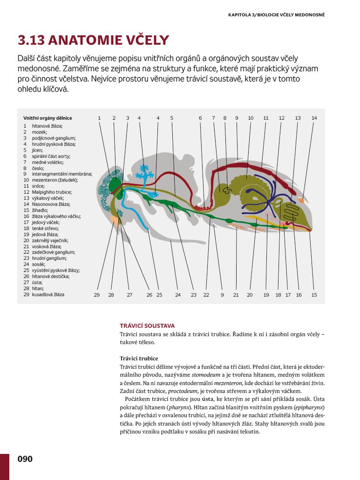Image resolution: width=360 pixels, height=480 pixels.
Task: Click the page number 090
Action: click(25, 459)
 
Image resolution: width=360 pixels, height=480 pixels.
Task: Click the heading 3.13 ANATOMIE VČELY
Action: click(93, 41)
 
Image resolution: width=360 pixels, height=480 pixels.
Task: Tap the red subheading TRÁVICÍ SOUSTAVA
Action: click(147, 326)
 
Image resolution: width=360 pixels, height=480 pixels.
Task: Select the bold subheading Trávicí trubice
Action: click(139, 358)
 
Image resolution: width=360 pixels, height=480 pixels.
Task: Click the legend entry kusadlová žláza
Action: click(48, 294)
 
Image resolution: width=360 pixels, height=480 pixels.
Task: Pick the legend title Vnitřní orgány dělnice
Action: click(48, 118)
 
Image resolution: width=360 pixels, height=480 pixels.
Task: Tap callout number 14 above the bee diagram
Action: click(314, 118)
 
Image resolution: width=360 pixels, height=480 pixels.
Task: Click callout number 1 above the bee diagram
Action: click(99, 118)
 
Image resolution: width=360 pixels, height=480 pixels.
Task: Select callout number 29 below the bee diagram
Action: click(97, 295)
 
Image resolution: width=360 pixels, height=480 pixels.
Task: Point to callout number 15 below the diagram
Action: click(314, 295)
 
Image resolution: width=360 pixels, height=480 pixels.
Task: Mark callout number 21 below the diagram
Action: click(236, 295)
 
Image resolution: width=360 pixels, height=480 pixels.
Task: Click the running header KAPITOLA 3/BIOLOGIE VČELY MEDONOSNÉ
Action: click(276, 15)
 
